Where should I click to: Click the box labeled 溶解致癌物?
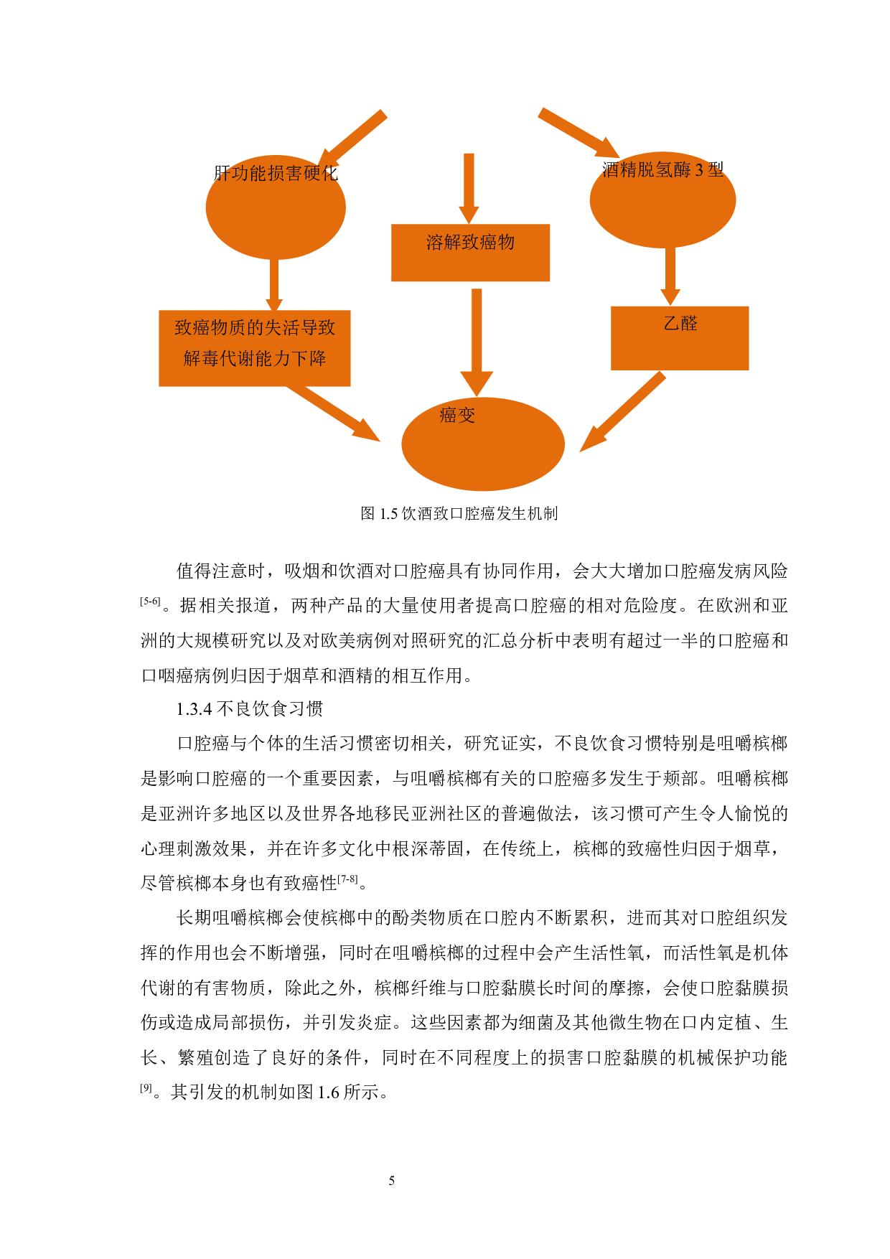470,253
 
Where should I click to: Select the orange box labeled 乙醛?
679,338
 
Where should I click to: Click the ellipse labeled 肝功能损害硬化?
276,207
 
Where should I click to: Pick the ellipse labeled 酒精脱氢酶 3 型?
662,201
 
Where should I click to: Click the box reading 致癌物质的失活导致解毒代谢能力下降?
254,348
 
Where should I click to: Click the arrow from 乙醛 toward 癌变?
622,413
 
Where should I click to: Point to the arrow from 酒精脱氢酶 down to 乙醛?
670,276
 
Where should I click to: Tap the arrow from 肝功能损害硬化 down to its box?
273,284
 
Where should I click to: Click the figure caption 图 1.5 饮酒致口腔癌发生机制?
459,513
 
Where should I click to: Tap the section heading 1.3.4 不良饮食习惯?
249,709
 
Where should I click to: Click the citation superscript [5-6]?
149,602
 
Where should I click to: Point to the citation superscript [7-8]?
347,879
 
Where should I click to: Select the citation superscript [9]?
146,1088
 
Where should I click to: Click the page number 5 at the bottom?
391,1181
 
